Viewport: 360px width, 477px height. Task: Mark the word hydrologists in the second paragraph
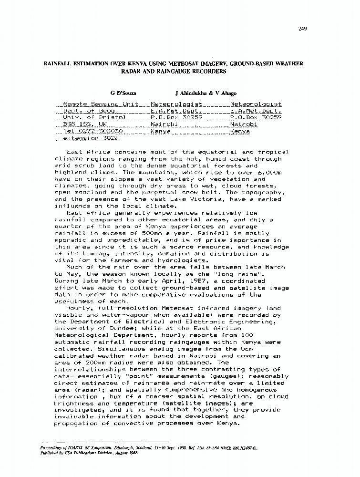pyautogui.click(x=181, y=260)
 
